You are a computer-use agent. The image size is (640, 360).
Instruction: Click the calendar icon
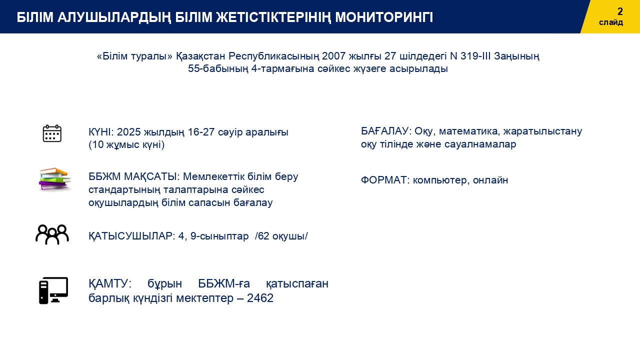coord(52,133)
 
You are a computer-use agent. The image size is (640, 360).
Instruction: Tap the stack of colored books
coord(54,179)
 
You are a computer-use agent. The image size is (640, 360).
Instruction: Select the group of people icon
coord(52,234)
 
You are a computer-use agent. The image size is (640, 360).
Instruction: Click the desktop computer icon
coord(53,290)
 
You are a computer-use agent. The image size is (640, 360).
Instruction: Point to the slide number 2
coord(620,11)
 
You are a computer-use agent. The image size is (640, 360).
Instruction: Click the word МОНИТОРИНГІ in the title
coord(384,17)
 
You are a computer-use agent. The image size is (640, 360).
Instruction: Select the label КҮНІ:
coord(101,132)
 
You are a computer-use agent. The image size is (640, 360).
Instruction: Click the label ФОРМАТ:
coord(385,180)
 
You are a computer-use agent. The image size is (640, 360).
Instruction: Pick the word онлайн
coord(490,180)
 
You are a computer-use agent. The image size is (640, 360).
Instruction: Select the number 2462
coord(260,298)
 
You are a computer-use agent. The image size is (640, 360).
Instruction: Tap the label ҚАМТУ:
coord(110,283)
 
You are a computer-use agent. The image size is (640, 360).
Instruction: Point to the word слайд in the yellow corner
coord(611,22)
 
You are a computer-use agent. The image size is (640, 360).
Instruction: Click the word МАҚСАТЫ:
coord(151,176)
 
